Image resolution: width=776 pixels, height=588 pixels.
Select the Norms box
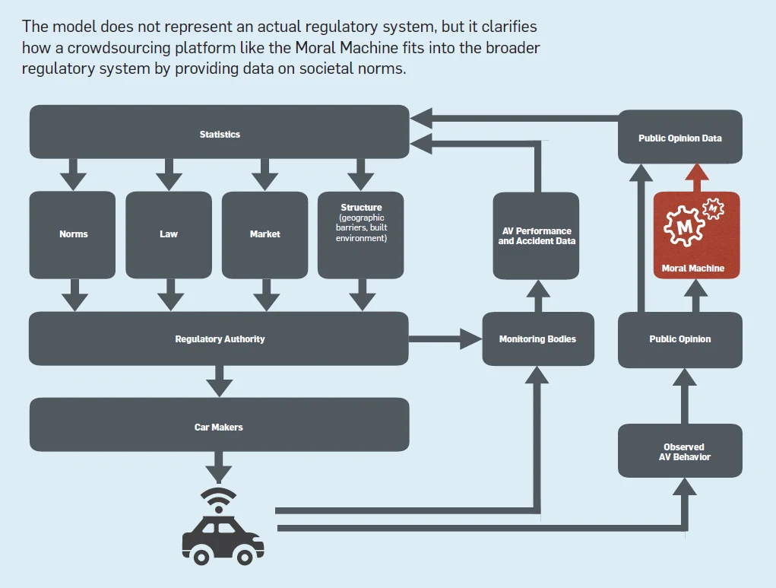click(73, 234)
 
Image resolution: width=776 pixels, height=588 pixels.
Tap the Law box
click(168, 234)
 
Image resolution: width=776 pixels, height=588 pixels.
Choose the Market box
click(264, 234)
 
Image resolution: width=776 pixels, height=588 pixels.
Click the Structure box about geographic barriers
click(361, 234)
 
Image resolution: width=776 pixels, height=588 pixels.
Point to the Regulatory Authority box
click(219, 338)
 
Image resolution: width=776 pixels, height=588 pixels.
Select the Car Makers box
click(219, 426)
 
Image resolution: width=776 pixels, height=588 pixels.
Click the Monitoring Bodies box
click(537, 338)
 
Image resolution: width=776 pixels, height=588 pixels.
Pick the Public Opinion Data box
click(679, 137)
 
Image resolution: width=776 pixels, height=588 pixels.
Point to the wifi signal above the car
click(219, 497)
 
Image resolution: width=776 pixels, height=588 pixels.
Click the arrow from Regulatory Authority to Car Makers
click(220, 380)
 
